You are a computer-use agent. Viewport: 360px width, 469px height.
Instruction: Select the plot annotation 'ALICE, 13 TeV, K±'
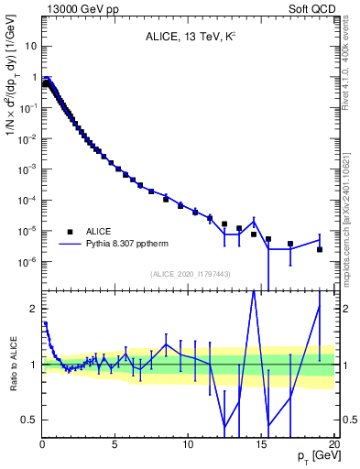pos(187,38)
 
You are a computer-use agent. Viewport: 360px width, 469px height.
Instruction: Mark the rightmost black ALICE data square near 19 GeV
pos(320,249)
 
